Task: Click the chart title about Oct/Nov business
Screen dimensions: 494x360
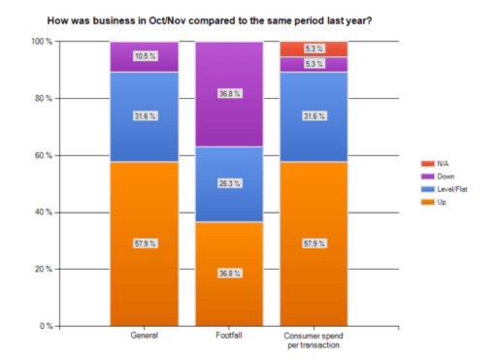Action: pos(210,21)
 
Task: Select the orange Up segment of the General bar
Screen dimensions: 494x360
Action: pos(145,244)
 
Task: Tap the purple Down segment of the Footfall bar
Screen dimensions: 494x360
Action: pos(229,94)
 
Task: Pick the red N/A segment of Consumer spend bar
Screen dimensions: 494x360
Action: pos(313,49)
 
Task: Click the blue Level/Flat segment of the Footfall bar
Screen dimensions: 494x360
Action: pos(229,184)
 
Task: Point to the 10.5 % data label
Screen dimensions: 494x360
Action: pos(146,56)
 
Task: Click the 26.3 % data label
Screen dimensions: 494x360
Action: pos(230,183)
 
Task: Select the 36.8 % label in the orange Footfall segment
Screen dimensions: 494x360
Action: pos(230,274)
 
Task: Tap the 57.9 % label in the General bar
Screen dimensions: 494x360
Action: pos(146,244)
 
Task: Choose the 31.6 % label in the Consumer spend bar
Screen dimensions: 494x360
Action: pos(314,115)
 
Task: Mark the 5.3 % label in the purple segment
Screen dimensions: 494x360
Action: pos(314,64)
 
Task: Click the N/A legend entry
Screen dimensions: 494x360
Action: pos(435,164)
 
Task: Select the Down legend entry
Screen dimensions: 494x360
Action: pos(438,177)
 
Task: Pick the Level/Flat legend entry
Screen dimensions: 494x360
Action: pos(445,189)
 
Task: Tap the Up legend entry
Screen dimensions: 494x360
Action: pos(434,202)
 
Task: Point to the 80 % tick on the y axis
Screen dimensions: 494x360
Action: pos(44,99)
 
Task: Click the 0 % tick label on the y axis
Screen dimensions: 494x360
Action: pos(46,326)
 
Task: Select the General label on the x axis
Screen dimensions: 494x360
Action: pos(145,336)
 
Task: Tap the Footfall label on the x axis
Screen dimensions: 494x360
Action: pos(229,336)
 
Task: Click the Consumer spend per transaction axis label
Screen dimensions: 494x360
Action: pos(313,341)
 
